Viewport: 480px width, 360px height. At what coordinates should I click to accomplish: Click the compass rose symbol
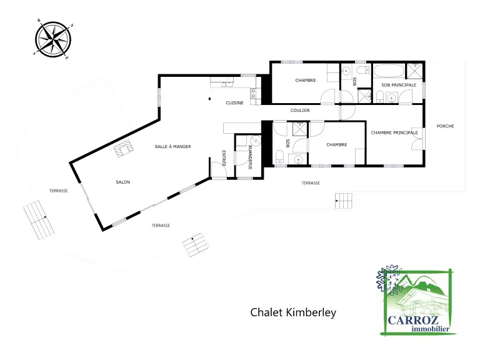click(53, 39)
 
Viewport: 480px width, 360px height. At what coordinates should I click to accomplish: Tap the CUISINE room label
click(234, 103)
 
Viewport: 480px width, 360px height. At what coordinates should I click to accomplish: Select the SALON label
click(122, 182)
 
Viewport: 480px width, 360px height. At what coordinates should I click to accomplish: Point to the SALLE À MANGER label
click(172, 146)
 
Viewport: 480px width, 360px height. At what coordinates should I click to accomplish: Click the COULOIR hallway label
click(300, 110)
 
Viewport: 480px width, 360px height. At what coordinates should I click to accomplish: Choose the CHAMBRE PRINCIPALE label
click(394, 132)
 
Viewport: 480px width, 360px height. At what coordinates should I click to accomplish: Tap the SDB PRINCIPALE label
click(399, 85)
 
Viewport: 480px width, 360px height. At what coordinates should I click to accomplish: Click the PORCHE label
click(445, 126)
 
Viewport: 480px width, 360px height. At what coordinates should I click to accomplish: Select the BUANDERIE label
click(250, 157)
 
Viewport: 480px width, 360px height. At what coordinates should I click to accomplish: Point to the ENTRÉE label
click(224, 158)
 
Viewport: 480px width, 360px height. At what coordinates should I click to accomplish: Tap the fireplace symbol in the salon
click(124, 148)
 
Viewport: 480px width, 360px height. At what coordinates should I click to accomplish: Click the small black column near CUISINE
click(210, 99)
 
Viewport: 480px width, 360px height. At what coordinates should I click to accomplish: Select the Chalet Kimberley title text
click(293, 312)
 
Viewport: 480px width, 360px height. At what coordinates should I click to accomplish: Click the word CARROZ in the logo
click(413, 321)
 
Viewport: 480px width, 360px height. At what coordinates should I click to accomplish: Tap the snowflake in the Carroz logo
click(388, 279)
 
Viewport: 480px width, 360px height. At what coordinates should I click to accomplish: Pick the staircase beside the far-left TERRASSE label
click(39, 219)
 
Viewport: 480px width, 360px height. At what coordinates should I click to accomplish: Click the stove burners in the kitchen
click(254, 94)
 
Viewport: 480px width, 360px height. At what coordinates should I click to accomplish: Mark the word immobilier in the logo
click(431, 329)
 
